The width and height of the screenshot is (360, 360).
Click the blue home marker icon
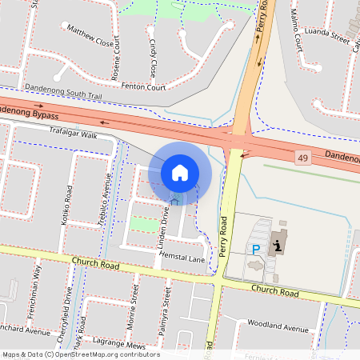click(180, 172)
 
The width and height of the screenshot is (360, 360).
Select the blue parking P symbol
click(256, 250)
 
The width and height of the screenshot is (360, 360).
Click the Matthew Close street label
click(90, 37)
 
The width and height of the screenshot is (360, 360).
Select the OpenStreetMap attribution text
click(81, 354)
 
